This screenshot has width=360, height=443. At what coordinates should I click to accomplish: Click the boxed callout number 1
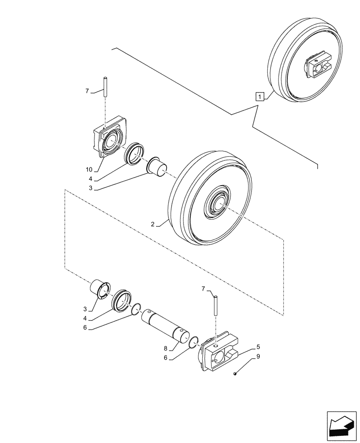pyautogui.click(x=260, y=96)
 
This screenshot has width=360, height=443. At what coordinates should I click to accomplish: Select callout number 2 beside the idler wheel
pyautogui.click(x=153, y=225)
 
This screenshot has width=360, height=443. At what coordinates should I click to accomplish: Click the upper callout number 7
pyautogui.click(x=88, y=91)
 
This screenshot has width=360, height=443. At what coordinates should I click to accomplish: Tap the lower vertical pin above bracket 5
pyautogui.click(x=215, y=306)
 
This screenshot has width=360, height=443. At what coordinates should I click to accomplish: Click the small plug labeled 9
pyautogui.click(x=236, y=375)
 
